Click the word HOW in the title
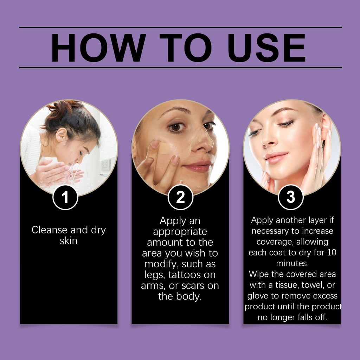[x=98, y=48]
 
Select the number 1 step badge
[x=65, y=197]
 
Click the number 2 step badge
[x=180, y=197]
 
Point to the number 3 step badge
[x=291, y=197]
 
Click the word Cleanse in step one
[x=50, y=230]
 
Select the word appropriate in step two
[x=180, y=232]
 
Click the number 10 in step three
[x=332, y=252]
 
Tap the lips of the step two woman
[x=198, y=166]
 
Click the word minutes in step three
[x=292, y=263]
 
